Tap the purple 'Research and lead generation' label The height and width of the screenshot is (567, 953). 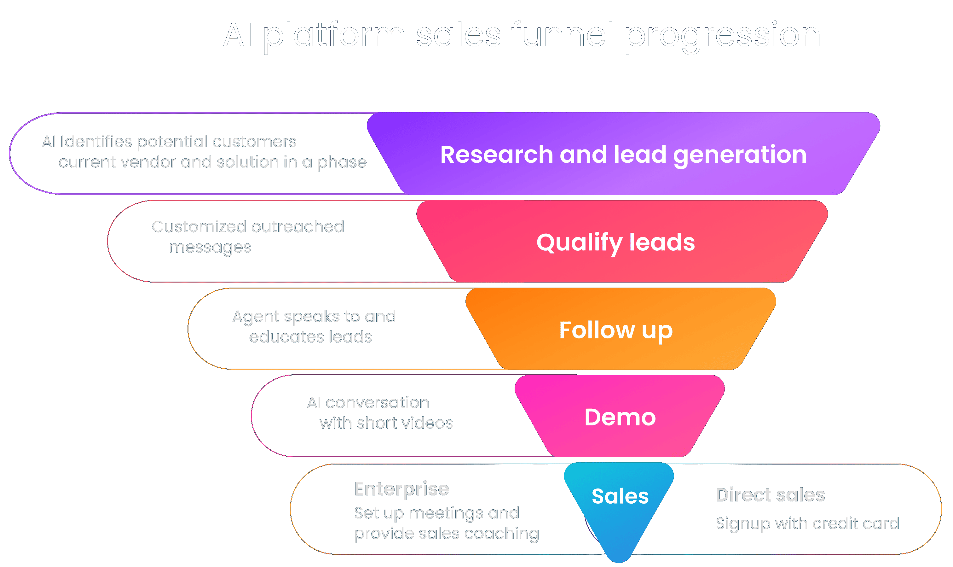(x=623, y=155)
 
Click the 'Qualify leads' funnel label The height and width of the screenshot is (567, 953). (x=615, y=243)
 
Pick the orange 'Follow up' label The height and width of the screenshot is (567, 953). (x=616, y=330)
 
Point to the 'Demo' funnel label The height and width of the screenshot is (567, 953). (x=620, y=417)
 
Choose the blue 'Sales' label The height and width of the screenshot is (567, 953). (x=620, y=496)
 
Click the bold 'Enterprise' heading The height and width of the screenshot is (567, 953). (x=402, y=489)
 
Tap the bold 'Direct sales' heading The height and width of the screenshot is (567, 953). (x=771, y=495)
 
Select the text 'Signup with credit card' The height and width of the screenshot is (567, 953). (x=807, y=523)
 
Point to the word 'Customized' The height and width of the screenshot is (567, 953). (x=199, y=226)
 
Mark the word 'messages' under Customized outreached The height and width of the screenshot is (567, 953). (x=210, y=248)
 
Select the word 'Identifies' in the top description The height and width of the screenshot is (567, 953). (x=96, y=142)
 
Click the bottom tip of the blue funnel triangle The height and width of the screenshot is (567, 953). (x=619, y=560)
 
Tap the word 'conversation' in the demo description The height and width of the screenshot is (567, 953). (x=377, y=403)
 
